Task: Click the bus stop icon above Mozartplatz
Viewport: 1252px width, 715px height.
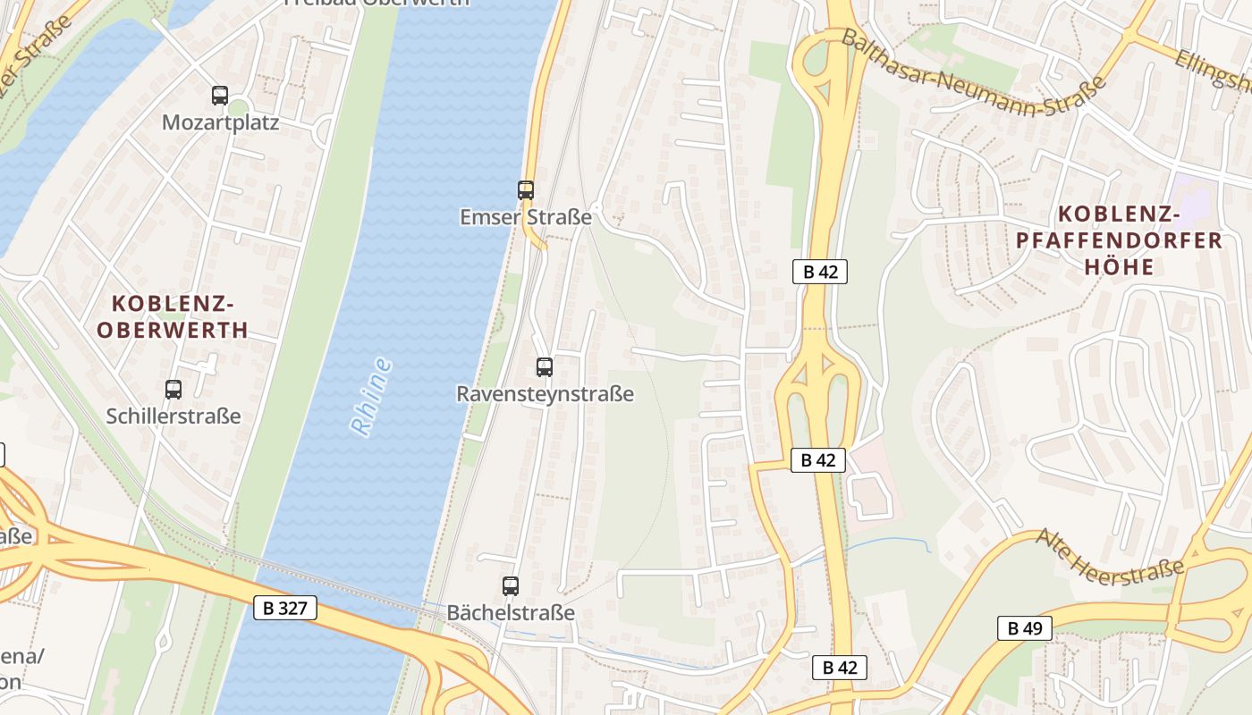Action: (x=220, y=96)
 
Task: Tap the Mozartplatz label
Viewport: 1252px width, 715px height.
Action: (x=220, y=122)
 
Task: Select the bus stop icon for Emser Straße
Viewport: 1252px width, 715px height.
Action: (x=526, y=189)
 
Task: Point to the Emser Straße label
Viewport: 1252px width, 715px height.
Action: (x=526, y=217)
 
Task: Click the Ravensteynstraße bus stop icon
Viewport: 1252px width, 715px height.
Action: (x=545, y=366)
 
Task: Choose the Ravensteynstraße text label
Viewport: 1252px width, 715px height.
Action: (x=545, y=394)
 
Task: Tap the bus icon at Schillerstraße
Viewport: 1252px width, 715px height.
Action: (x=173, y=390)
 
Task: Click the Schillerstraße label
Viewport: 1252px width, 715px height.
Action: (x=173, y=416)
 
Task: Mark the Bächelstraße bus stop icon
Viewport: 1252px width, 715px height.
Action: (x=511, y=586)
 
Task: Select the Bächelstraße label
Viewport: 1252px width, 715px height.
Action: (x=511, y=613)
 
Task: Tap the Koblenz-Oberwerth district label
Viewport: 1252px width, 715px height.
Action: (x=173, y=316)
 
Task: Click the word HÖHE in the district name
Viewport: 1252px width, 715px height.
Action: (x=1119, y=266)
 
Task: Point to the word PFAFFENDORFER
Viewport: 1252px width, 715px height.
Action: (x=1119, y=240)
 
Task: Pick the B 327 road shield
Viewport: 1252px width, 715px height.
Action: (x=286, y=609)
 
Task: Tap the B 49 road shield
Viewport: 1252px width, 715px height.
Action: (x=1025, y=628)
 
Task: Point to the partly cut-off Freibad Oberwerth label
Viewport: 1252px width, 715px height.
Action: (x=376, y=4)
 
